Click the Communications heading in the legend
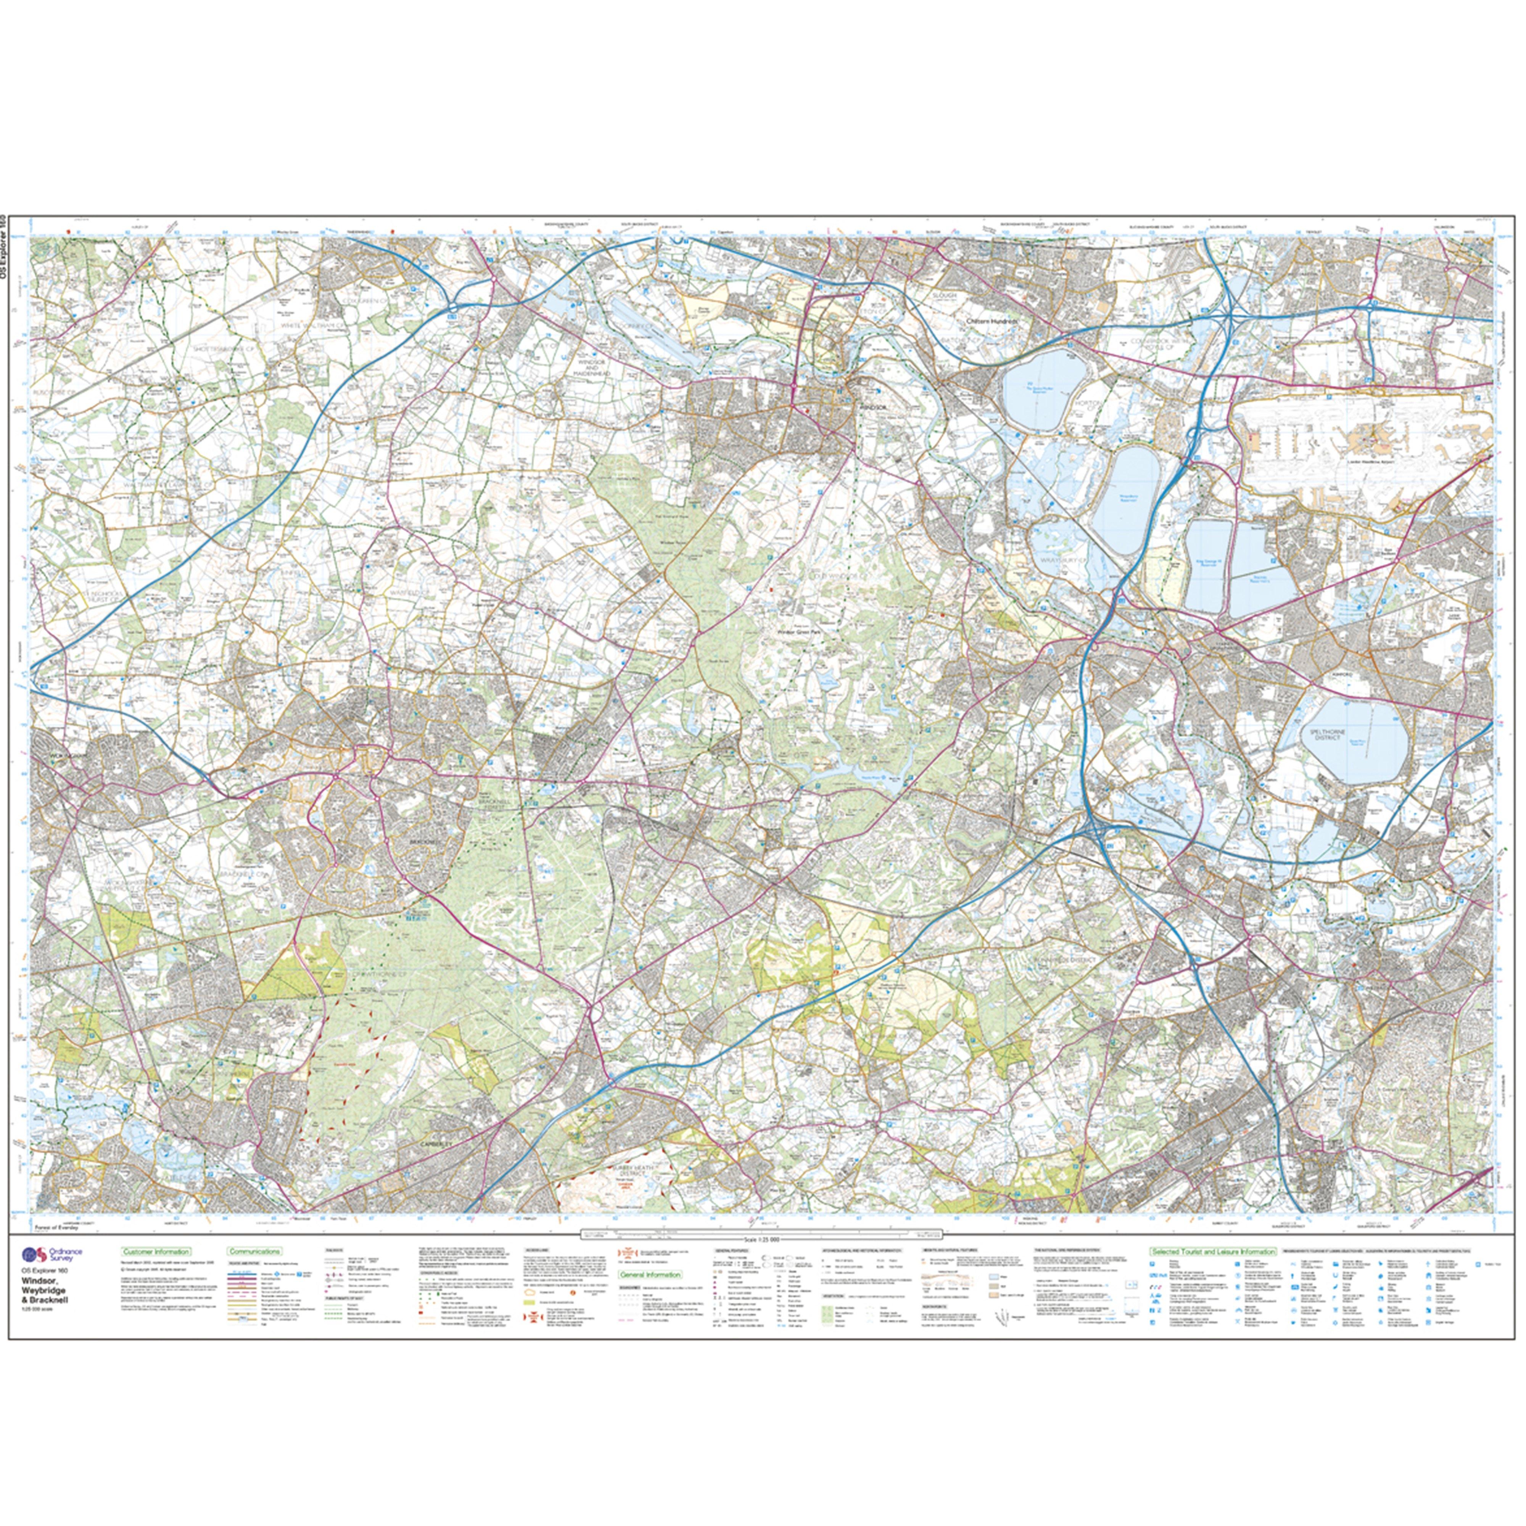(254, 1251)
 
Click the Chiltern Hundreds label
(993, 322)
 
